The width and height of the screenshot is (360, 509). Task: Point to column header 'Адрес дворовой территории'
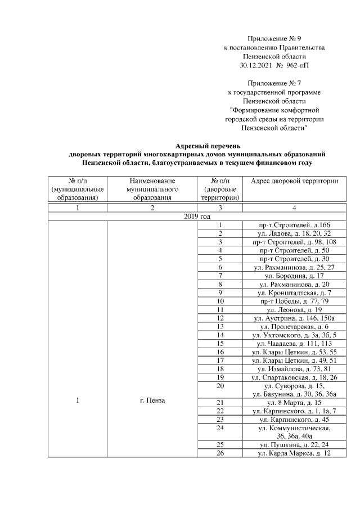click(294, 181)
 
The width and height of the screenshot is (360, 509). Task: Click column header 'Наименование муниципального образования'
click(152, 189)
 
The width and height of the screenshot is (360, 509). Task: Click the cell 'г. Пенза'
click(152, 400)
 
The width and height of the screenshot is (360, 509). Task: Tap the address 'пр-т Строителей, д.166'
click(294, 225)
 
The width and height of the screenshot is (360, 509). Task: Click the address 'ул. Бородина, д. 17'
click(294, 276)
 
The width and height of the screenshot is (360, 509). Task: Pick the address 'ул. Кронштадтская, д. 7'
click(294, 293)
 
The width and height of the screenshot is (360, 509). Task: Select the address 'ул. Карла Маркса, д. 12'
click(294, 453)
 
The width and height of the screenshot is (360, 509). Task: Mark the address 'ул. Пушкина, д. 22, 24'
click(294, 444)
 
